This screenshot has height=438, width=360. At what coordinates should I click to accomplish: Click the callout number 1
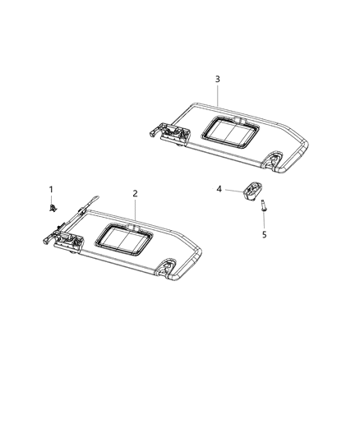[50, 189]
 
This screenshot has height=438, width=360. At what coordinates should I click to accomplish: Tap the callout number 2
[136, 193]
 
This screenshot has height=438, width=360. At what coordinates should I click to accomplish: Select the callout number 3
[217, 79]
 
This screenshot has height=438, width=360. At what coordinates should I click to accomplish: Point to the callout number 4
[219, 189]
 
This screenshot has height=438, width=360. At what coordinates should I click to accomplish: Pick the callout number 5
[264, 235]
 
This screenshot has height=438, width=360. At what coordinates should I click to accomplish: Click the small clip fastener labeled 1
[52, 210]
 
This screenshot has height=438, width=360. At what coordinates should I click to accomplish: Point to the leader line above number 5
[264, 222]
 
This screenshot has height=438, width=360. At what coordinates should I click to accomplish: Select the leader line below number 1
[51, 200]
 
